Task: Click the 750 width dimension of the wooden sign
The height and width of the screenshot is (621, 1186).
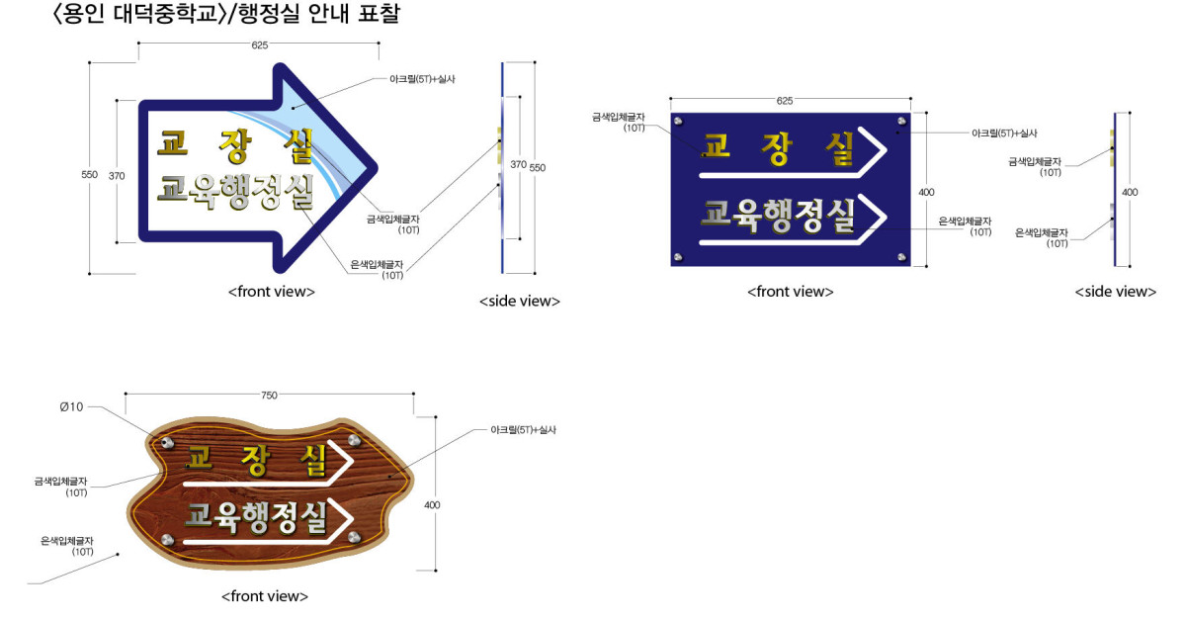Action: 269,396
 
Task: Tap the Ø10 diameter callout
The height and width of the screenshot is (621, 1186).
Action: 71,407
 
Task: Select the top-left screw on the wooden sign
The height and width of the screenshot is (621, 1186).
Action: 168,442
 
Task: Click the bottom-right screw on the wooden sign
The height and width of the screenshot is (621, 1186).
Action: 354,537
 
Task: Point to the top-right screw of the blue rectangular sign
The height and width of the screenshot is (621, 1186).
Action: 901,122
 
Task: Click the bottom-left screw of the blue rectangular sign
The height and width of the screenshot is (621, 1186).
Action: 678,257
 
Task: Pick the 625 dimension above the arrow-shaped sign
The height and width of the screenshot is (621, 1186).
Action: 259,45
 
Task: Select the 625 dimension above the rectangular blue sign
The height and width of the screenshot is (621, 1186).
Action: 785,101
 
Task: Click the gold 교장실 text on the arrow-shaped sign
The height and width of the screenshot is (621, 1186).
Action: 235,146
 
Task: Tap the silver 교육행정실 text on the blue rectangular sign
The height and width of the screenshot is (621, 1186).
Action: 778,217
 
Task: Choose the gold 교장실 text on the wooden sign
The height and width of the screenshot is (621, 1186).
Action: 257,460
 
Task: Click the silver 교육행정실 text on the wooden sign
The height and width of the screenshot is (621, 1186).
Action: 256,517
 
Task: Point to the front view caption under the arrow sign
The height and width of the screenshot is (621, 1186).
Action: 272,292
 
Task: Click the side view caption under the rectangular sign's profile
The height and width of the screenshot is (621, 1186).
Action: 1116,292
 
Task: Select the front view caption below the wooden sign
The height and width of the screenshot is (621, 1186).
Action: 265,596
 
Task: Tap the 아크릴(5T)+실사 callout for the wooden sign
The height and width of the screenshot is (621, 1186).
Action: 523,430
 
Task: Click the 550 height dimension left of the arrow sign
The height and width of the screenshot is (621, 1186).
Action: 90,174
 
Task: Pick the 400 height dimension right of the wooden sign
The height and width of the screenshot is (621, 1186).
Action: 432,505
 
